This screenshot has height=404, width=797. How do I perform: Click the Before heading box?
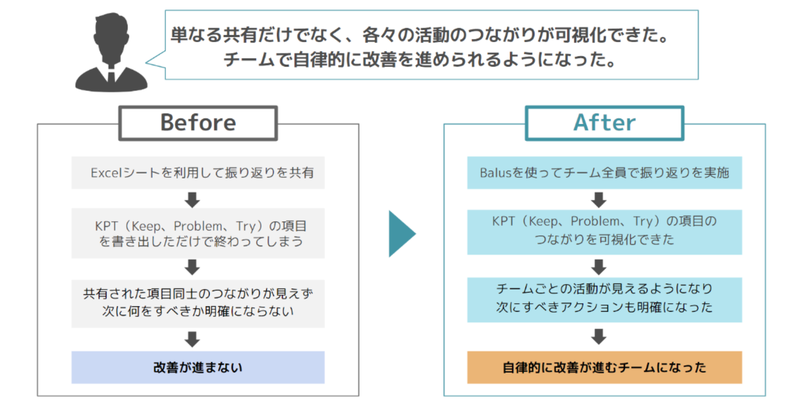point(198,123)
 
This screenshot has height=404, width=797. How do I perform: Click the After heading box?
point(604,123)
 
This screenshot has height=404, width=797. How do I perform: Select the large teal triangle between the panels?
point(401,233)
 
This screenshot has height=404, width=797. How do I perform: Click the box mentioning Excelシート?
point(198,173)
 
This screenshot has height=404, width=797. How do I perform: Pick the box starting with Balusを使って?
point(604,173)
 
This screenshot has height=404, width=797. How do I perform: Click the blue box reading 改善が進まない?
point(198,367)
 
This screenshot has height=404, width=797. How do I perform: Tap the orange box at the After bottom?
point(604,367)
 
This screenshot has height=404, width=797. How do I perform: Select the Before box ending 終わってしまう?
point(198,233)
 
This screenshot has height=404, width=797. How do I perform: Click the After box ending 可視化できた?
point(604,232)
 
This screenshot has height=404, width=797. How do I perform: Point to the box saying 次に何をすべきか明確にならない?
point(198,303)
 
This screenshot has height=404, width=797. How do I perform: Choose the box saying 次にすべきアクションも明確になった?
point(604,299)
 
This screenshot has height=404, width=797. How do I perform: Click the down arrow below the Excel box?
point(192,200)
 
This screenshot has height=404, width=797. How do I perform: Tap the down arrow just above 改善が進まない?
point(192,339)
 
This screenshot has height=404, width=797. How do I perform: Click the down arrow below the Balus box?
point(599,200)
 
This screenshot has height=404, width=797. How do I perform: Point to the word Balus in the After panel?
point(495,173)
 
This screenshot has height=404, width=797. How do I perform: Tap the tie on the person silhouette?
point(111,75)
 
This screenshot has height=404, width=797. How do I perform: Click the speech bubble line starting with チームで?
point(420,60)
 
